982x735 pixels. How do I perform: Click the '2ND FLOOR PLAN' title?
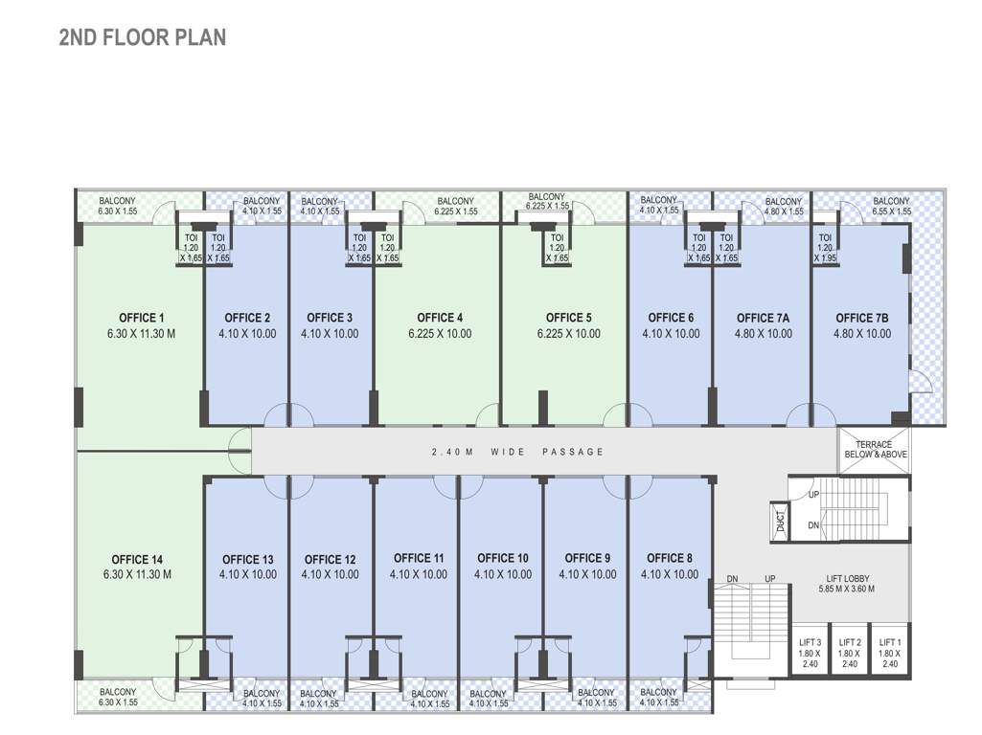[143, 37]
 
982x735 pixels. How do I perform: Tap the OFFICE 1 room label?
[142, 318]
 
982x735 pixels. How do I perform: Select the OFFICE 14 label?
[136, 560]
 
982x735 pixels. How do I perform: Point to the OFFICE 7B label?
[862, 318]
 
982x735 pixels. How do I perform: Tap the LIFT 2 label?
[850, 642]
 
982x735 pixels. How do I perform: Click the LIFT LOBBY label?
[848, 579]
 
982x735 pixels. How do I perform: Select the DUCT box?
[781, 521]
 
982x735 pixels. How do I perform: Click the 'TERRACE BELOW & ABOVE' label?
[874, 450]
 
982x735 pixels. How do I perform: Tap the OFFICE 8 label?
[670, 559]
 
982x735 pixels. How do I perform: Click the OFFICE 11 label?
[419, 559]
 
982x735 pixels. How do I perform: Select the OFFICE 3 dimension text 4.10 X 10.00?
[330, 334]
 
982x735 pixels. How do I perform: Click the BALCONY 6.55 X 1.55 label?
[891, 206]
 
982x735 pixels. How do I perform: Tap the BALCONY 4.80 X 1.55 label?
[784, 206]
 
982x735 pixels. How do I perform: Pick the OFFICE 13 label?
[247, 560]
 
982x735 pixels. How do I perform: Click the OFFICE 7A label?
[763, 318]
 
